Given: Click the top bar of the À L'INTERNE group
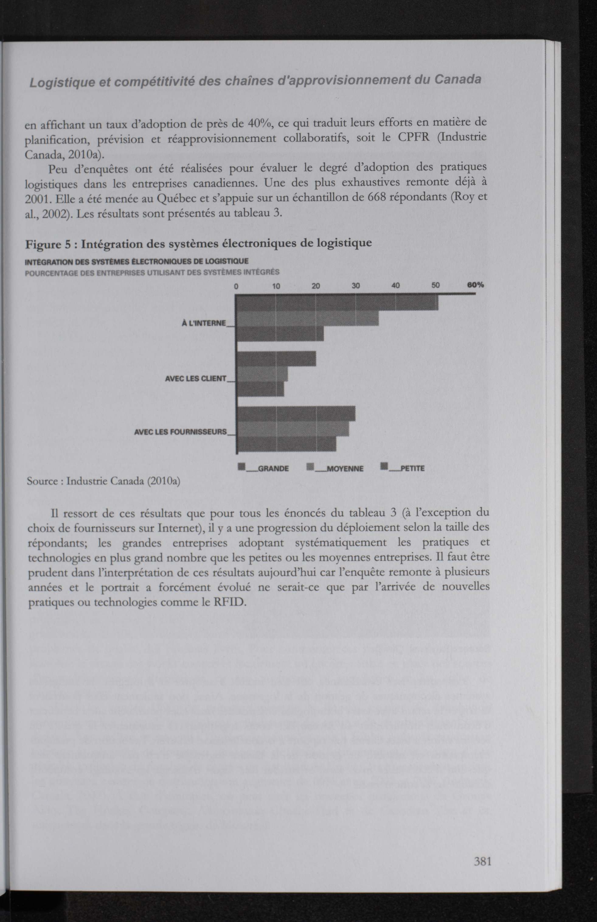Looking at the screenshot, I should (337, 303).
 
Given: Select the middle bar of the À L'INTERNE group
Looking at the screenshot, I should (307, 318).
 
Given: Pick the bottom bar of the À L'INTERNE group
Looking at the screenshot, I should (279, 334).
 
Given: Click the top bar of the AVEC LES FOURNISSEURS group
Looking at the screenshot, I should (295, 414).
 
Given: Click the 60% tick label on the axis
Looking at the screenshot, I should (475, 285).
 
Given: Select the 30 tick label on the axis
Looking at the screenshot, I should (356, 286).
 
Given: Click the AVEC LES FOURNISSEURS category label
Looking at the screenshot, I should (180, 432).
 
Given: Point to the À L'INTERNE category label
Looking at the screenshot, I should (204, 323).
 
